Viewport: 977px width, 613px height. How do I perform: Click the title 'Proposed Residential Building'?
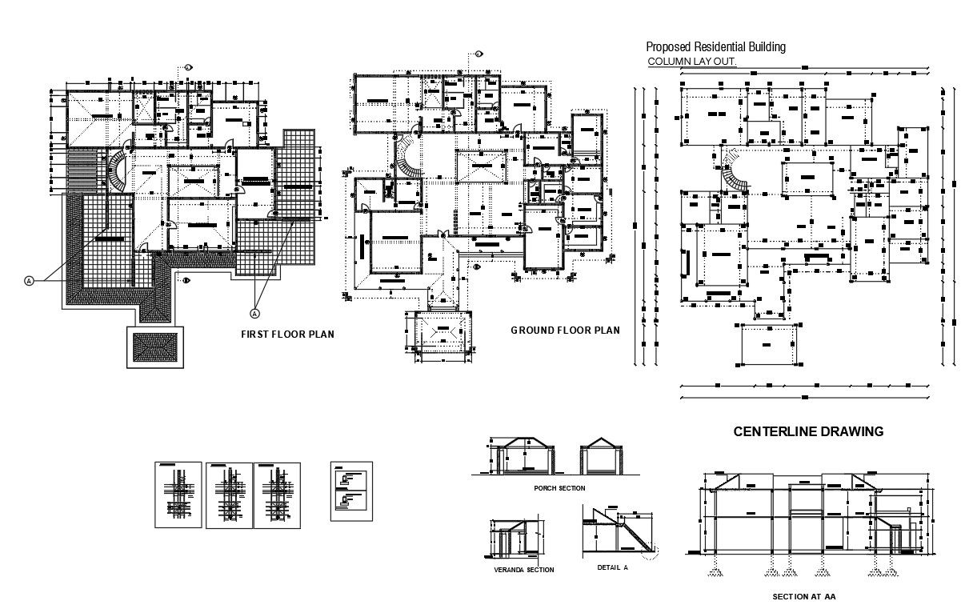click(x=715, y=47)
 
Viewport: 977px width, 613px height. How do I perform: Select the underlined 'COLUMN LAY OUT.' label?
click(x=691, y=62)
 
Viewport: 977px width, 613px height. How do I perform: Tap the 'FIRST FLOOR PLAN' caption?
click(x=287, y=335)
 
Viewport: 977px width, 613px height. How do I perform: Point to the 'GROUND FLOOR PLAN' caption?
click(x=565, y=331)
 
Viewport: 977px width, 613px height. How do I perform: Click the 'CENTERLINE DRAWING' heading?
click(x=808, y=431)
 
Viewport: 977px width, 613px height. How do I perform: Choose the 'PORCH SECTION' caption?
click(x=559, y=488)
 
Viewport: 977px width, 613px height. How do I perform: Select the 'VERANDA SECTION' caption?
click(x=519, y=570)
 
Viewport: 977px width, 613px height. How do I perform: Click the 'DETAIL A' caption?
click(x=613, y=567)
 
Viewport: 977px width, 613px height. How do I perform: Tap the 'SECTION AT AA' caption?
click(x=804, y=597)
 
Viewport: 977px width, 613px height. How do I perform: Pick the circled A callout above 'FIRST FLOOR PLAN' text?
click(x=256, y=312)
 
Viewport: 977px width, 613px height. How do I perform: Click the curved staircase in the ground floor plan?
click(x=409, y=158)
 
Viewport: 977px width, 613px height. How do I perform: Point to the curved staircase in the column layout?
click(x=732, y=170)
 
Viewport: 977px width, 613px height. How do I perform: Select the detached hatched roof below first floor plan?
click(x=155, y=347)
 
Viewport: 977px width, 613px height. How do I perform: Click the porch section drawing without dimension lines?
click(x=599, y=458)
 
